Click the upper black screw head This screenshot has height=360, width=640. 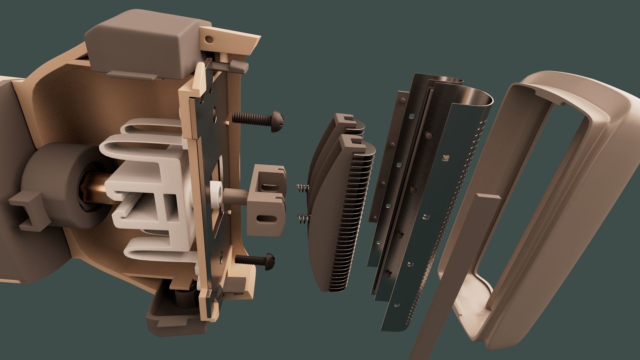(x=278, y=121)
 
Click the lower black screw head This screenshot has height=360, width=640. (x=269, y=261)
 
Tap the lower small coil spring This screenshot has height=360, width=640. (x=303, y=219)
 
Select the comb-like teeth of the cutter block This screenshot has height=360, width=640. (x=350, y=217)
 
